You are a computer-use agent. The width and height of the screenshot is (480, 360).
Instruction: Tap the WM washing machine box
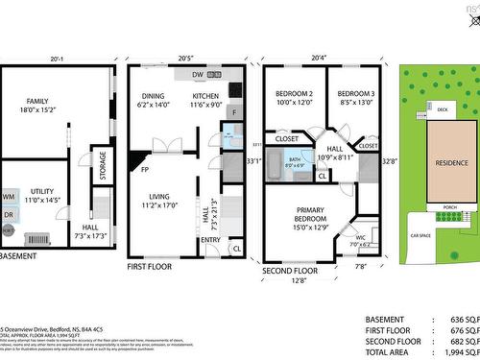(x=10, y=197)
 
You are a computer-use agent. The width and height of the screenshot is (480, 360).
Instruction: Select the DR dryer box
(x=10, y=215)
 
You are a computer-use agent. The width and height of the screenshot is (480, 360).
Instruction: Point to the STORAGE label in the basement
(x=104, y=164)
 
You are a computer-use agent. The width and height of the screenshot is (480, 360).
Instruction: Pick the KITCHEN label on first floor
(x=206, y=96)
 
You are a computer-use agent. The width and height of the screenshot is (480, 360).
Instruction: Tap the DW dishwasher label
(x=197, y=74)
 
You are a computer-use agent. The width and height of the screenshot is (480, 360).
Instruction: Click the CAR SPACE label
(x=420, y=235)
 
